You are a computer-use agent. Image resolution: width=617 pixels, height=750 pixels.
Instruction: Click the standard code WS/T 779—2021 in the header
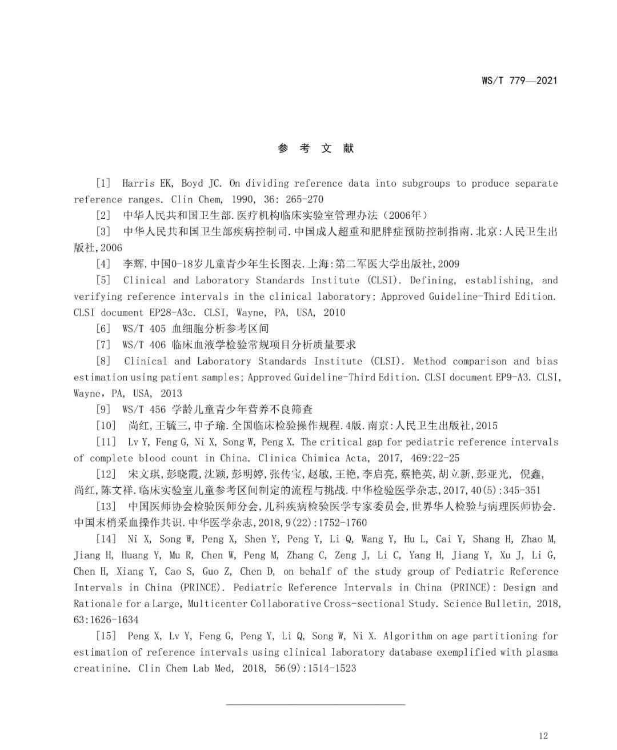coord(519,81)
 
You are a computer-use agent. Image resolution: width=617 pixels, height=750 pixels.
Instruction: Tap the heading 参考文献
coord(316,149)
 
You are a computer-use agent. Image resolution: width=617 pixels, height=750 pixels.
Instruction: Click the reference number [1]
coord(103,183)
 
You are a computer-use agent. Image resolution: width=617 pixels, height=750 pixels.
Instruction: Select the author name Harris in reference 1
coord(138,183)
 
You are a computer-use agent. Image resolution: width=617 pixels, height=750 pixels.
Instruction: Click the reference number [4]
coord(103,264)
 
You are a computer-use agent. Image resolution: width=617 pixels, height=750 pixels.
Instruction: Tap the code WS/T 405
coord(144,328)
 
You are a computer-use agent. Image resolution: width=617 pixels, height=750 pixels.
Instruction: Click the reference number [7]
coord(103,345)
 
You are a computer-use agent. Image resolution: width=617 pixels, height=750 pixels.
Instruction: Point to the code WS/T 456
coord(144,410)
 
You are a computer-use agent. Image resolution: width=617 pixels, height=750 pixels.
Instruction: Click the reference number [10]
coord(106,426)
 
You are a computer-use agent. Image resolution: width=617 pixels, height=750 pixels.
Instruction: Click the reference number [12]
coord(106,474)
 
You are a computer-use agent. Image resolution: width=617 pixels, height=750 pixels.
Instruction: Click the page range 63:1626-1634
coord(106,620)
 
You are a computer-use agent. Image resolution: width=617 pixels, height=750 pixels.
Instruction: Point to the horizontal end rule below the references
coord(315,704)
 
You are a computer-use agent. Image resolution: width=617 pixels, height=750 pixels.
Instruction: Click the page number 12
coord(543,736)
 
